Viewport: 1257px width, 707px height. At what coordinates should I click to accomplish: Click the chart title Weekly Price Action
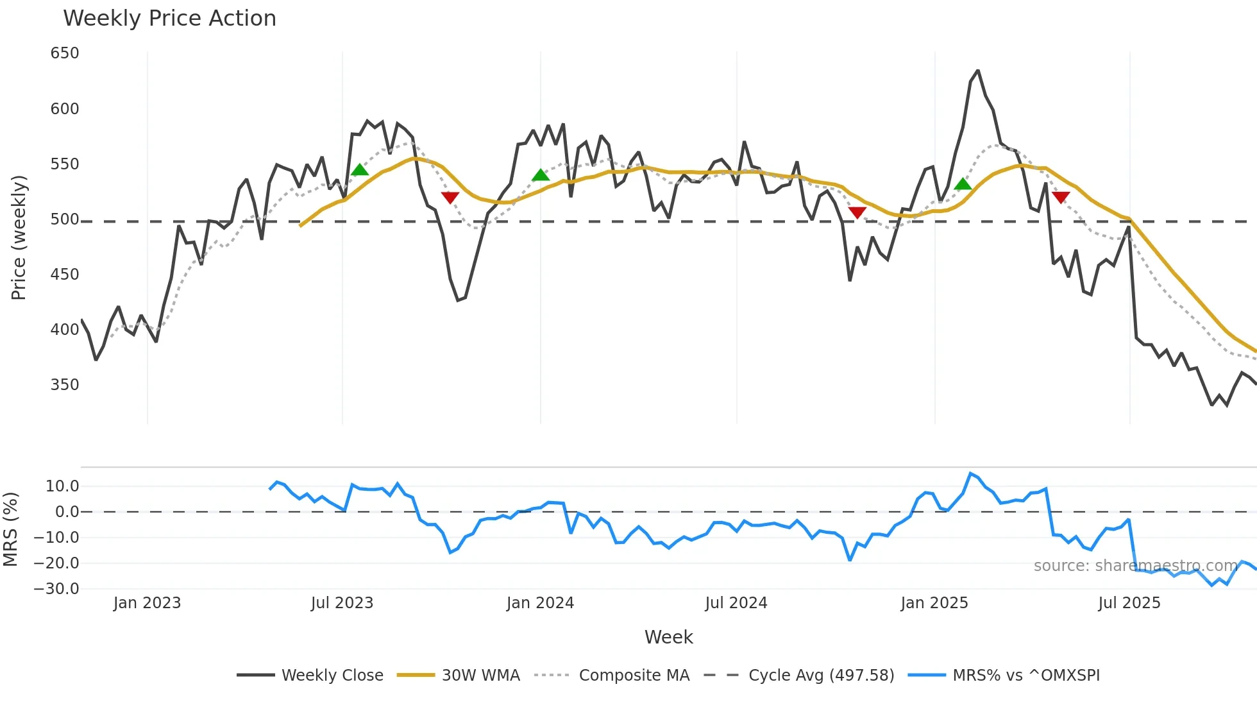(x=169, y=19)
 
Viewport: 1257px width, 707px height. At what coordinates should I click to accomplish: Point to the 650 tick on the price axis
(x=65, y=53)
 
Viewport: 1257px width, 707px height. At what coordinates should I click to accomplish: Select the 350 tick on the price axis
(x=65, y=385)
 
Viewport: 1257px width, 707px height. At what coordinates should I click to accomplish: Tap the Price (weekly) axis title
(x=19, y=237)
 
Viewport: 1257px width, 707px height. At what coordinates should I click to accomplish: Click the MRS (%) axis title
(x=11, y=529)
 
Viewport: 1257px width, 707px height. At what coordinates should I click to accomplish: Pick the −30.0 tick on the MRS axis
(x=56, y=589)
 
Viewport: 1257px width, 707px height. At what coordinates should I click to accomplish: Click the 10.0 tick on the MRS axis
(x=62, y=486)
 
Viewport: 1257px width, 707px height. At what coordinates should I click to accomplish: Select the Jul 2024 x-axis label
(x=736, y=603)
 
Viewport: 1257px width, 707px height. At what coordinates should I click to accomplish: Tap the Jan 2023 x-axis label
(x=147, y=603)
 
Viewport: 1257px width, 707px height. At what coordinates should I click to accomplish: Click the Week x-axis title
(x=668, y=637)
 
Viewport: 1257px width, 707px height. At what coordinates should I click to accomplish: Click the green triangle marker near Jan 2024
(x=541, y=175)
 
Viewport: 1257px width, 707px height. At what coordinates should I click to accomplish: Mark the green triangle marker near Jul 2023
(x=360, y=170)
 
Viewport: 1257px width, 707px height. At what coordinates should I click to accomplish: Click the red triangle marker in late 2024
(x=857, y=212)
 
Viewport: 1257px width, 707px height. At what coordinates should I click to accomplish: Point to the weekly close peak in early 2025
(x=977, y=71)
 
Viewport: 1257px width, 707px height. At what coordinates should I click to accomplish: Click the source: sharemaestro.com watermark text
(x=1135, y=566)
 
